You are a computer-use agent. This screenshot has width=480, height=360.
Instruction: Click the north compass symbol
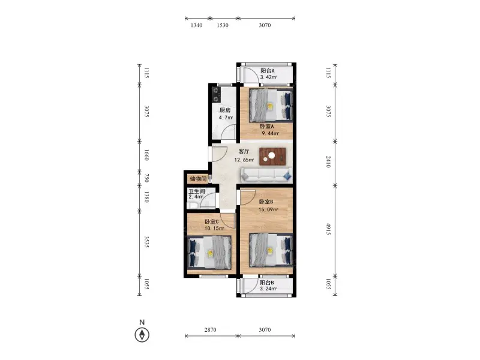pyautogui.click(x=142, y=334)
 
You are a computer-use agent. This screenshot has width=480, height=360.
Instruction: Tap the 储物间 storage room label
pyautogui.click(x=198, y=179)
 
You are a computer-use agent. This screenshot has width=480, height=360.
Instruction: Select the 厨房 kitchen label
pyautogui.click(x=225, y=110)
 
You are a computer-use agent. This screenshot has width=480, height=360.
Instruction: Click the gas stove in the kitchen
pyautogui.click(x=216, y=95)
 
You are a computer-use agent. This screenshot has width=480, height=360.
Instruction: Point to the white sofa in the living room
pyautogui.click(x=266, y=175)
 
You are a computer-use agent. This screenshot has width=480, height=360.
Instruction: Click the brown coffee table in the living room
pyautogui.click(x=272, y=157)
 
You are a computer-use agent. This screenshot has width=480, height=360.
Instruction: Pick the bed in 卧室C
pyautogui.click(x=209, y=253)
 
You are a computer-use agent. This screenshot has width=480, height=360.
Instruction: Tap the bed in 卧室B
pyautogui.click(x=271, y=250)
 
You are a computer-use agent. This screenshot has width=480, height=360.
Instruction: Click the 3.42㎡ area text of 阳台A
pyautogui.click(x=268, y=77)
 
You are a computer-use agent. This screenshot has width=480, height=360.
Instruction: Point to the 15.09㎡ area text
pyautogui.click(x=268, y=209)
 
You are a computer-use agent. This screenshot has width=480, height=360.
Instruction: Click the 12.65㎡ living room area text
pyautogui.click(x=244, y=160)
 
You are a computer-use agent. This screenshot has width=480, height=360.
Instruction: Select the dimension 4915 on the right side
pyautogui.click(x=328, y=229)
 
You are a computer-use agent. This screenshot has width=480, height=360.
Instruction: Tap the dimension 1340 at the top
pyautogui.click(x=197, y=25)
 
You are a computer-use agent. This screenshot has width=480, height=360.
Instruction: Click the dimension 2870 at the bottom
pyautogui.click(x=211, y=329)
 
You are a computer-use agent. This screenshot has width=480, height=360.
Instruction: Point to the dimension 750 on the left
pyautogui.click(x=146, y=178)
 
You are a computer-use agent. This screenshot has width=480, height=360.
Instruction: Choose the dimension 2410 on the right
pyautogui.click(x=328, y=162)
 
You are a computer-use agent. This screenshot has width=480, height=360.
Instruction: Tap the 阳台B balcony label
pyautogui.click(x=267, y=283)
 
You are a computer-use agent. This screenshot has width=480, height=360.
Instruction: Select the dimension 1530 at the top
pyautogui.click(x=223, y=25)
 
